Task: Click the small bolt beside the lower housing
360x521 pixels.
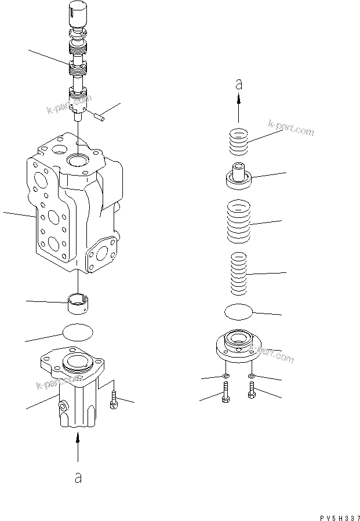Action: point(114,399)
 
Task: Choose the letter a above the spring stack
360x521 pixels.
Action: point(238,85)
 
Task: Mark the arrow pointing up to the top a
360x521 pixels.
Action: point(238,109)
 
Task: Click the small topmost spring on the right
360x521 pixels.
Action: point(238,143)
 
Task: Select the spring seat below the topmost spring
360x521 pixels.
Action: point(238,176)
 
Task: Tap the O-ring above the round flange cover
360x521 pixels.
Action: point(239,312)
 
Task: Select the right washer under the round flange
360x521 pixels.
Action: point(251,377)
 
